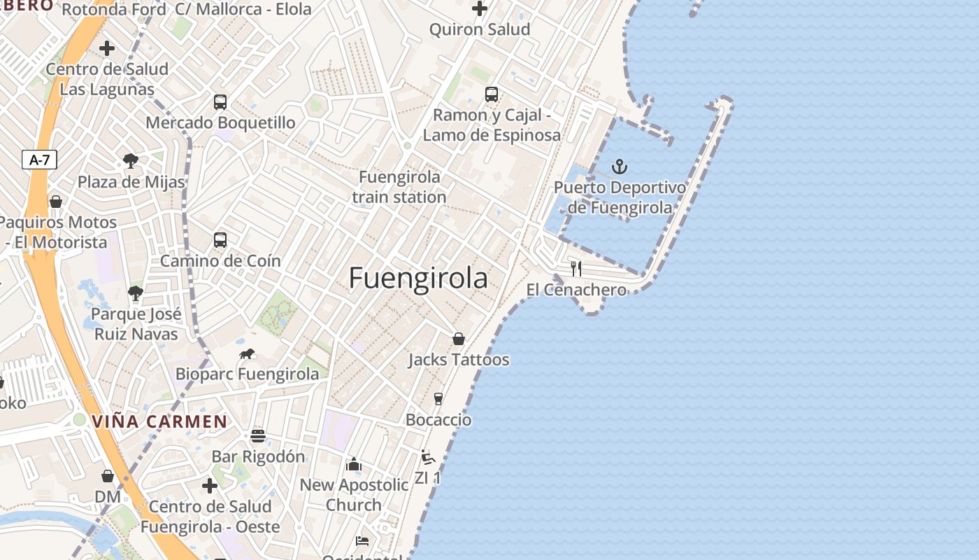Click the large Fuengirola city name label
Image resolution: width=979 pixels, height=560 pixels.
click(418, 279)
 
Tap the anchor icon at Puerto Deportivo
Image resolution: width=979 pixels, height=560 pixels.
click(620, 167)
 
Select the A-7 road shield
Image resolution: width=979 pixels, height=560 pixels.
click(39, 160)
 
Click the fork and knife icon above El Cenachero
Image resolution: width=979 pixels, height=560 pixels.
click(576, 268)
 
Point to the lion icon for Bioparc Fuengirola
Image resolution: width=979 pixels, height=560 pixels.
click(247, 353)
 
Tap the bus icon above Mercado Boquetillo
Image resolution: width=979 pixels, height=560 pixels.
click(220, 101)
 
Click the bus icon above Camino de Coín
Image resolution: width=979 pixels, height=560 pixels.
click(220, 239)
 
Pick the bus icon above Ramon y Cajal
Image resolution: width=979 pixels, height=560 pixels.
click(492, 94)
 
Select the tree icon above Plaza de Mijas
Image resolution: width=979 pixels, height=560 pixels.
click(130, 161)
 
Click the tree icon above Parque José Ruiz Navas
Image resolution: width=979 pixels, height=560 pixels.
click(136, 293)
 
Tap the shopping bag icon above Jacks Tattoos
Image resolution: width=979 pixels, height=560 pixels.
click(459, 339)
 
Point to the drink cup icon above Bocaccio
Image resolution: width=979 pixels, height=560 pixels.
click(438, 398)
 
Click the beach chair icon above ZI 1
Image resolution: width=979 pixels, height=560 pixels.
click(428, 457)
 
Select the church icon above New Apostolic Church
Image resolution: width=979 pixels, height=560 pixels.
click(354, 464)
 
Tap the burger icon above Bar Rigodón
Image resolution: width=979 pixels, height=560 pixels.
click(258, 436)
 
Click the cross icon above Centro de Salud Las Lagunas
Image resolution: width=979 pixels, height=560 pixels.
click(107, 48)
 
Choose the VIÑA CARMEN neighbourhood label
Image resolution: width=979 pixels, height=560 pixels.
click(160, 421)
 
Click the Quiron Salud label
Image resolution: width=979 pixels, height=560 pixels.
click(480, 29)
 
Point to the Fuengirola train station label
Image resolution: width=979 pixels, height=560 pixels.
click(399, 187)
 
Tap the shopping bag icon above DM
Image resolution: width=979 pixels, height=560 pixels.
click(108, 476)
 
